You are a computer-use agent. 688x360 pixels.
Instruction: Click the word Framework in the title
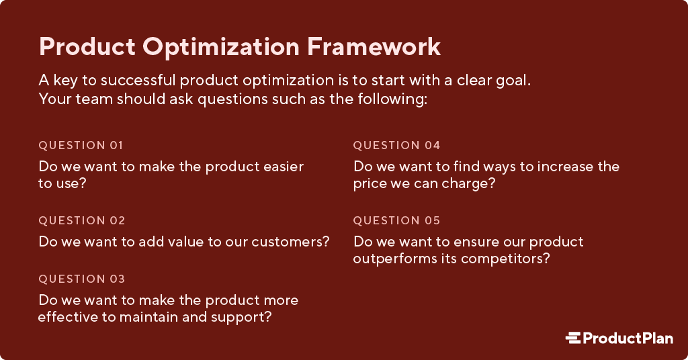pyautogui.click(x=374, y=46)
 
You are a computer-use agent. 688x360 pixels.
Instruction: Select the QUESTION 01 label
pyautogui.click(x=81, y=145)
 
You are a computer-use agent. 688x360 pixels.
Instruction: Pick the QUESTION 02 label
pyautogui.click(x=81, y=220)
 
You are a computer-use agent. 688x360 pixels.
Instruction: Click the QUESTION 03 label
pyautogui.click(x=81, y=279)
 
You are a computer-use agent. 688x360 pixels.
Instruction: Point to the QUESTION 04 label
pyautogui.click(x=396, y=145)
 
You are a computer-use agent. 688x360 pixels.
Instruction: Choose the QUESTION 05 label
pyautogui.click(x=396, y=220)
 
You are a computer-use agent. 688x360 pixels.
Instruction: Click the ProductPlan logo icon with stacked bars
pyautogui.click(x=573, y=338)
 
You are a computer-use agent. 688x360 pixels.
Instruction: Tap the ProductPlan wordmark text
pyautogui.click(x=628, y=338)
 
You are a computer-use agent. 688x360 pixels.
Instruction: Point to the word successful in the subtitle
pyautogui.click(x=138, y=80)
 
